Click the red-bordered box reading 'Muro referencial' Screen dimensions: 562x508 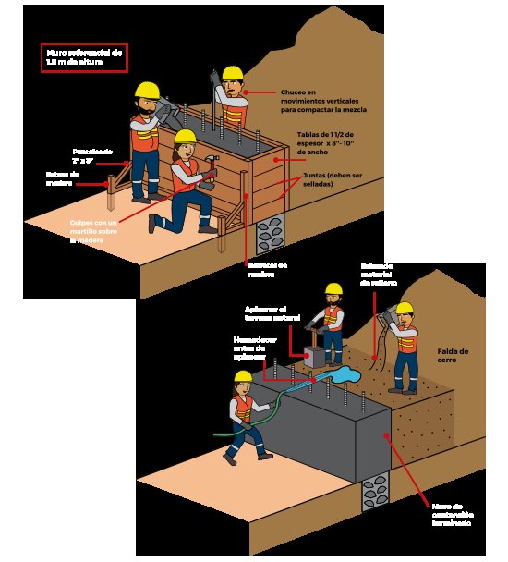83,58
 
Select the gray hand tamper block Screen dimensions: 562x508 312,356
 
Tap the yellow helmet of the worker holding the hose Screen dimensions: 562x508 243,377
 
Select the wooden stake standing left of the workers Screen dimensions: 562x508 112,191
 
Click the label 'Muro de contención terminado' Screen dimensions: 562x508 452,514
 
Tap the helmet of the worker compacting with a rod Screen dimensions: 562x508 232,73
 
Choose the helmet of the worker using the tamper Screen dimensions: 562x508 332,289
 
